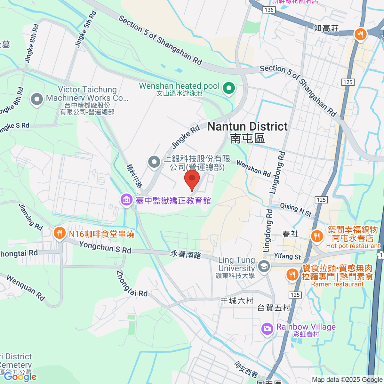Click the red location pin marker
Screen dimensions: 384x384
[192, 179]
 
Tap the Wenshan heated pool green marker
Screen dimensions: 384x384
[229, 88]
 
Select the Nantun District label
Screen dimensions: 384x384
[247, 127]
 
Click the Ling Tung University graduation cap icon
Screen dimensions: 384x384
[264, 267]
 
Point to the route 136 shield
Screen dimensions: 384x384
[269, 10]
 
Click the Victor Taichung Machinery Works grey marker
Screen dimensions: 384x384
[37, 99]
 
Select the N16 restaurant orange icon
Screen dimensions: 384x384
[59, 233]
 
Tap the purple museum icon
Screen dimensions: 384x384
[126, 200]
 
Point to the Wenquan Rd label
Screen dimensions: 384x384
[26, 288]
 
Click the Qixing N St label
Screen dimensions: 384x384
[296, 210]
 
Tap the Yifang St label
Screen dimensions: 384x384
[287, 256]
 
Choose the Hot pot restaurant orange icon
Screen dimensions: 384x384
[317, 236]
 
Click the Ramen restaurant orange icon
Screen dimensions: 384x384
[292, 274]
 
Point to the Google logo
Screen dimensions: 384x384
[20, 377]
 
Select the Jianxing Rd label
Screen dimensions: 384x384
[31, 217]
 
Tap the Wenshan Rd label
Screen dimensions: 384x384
[253, 168]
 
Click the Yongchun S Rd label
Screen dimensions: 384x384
[105, 247]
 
